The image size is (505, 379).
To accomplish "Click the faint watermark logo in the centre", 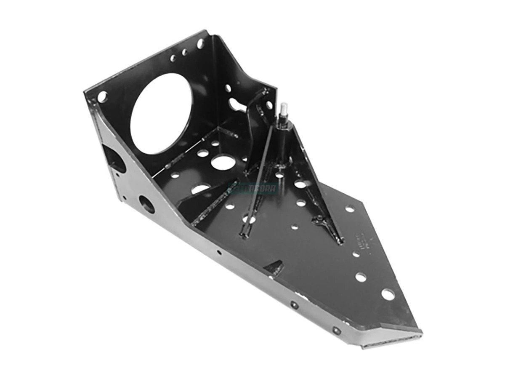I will pos(252,188).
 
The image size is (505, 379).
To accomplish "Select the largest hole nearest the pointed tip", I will pos(388,294).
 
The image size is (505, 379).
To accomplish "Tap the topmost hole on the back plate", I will pos(200,43).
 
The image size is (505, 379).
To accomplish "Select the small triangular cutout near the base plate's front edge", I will pos(276,267).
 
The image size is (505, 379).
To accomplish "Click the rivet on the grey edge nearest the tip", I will pos(336,331).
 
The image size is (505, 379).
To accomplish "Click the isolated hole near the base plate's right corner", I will pos(350,208).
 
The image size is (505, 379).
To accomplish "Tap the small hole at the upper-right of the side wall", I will pos(265,91).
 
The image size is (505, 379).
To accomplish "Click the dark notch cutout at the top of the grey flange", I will pos(113,157).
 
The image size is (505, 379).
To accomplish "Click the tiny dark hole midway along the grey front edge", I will pos(218,253).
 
